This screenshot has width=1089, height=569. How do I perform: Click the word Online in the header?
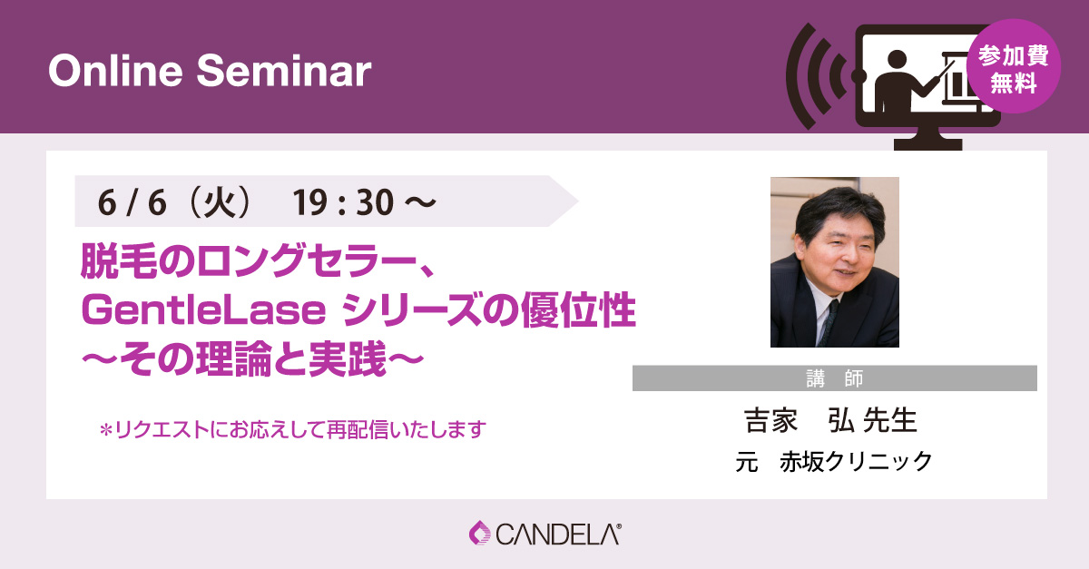115,71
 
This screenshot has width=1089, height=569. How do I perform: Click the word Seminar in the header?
284,71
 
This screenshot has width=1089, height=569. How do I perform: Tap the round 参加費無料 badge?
1013,66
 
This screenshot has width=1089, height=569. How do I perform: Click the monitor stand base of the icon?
928,144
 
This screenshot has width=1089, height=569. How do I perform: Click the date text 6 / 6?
132,202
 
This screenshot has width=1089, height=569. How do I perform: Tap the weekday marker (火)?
220,202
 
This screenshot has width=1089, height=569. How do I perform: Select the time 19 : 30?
343,202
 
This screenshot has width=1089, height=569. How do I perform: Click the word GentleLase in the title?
203,310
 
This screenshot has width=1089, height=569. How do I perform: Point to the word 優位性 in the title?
578,309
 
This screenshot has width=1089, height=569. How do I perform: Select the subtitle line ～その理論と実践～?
253,359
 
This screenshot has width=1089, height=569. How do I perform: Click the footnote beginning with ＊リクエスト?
292,429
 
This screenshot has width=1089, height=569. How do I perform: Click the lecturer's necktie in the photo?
828,322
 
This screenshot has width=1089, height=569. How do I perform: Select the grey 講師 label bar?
835,378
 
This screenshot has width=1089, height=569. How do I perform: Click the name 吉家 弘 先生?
830,420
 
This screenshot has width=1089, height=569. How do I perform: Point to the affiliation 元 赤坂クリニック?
834,461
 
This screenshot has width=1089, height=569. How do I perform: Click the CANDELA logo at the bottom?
545,534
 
